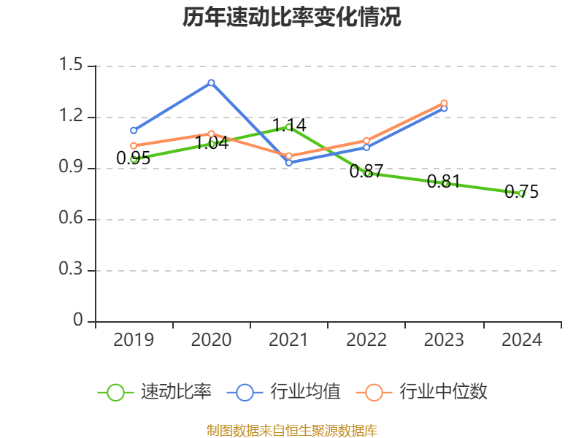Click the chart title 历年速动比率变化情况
(x=291, y=18)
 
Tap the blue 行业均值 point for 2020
(x=211, y=82)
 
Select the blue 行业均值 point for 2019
(x=134, y=131)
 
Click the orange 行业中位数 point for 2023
(x=444, y=103)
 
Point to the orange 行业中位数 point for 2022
(x=366, y=140)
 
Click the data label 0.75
(x=521, y=192)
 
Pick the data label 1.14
(x=289, y=125)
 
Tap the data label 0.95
(x=134, y=158)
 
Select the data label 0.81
(x=444, y=181)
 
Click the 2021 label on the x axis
(x=289, y=339)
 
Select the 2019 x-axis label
(x=134, y=339)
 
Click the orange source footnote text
(x=291, y=430)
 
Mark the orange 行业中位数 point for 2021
(x=289, y=156)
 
